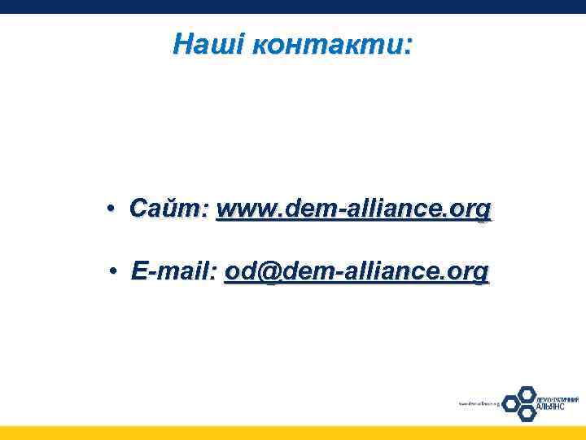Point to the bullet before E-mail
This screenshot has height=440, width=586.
pos(118,271)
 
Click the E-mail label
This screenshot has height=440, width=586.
pos(174,271)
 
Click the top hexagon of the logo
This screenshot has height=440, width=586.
pos(527,393)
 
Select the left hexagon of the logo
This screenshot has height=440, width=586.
pos(511,403)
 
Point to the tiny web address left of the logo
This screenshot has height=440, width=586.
pos(478,403)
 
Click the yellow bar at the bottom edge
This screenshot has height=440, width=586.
pos(293,433)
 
